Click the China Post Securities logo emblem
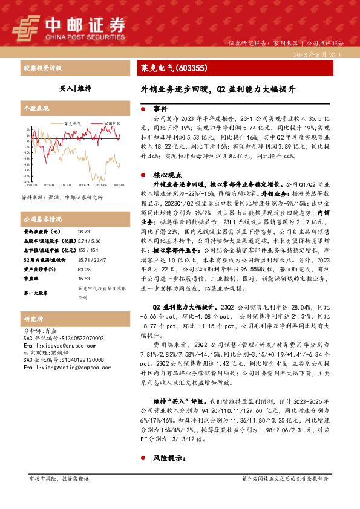click(x=28, y=26)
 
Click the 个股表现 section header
click(x=34, y=109)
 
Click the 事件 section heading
click(x=160, y=109)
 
